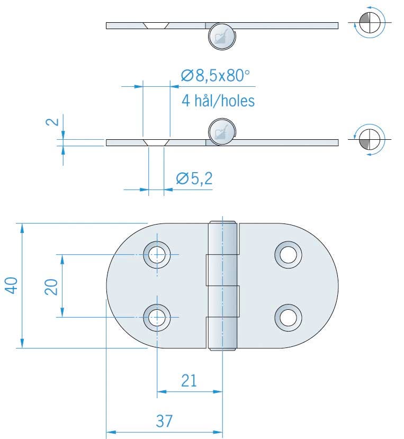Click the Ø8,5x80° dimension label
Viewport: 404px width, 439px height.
click(214, 77)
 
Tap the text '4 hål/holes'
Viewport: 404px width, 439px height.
click(218, 101)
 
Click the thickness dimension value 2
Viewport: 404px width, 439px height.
click(52, 122)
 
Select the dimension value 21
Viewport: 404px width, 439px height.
click(189, 380)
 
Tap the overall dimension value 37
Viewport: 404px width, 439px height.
click(165, 421)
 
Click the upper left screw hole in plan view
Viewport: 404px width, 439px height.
click(157, 255)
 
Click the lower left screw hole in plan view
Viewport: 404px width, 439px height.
click(157, 317)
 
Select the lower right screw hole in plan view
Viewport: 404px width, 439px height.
click(288, 317)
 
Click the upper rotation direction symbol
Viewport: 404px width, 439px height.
click(369, 23)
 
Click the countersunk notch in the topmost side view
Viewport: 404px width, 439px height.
click(156, 25)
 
